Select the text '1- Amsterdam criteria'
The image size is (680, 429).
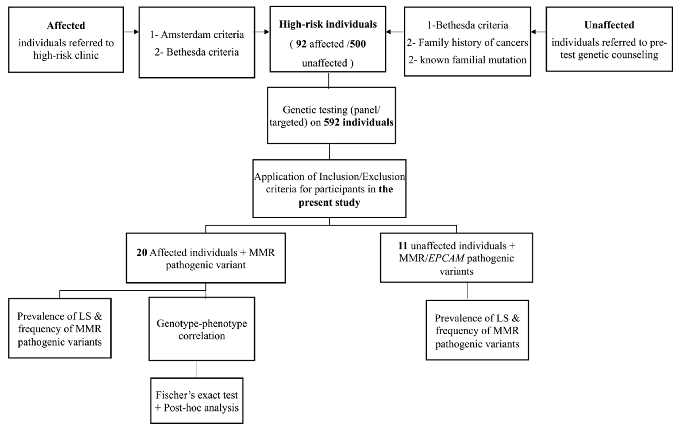[197, 35]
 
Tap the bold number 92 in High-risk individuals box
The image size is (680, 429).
[301, 44]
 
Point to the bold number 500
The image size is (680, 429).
[358, 44]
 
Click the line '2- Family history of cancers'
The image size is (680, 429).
[467, 43]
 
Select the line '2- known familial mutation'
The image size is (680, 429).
[467, 60]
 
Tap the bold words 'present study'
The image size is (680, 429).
[329, 202]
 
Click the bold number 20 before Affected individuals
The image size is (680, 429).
[142, 252]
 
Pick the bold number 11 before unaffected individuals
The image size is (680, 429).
[403, 246]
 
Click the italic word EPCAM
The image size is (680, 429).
[446, 258]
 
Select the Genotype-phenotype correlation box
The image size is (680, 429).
[202, 329]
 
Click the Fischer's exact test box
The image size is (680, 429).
[197, 401]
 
